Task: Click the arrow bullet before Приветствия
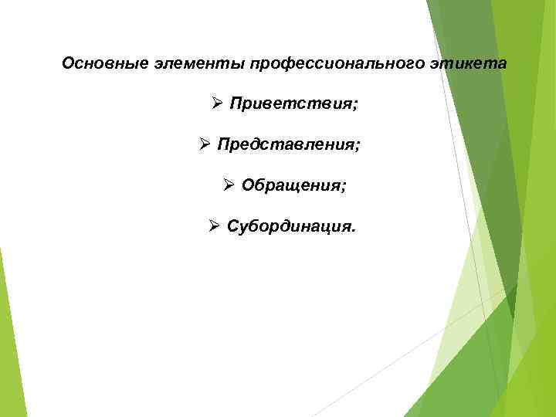point(217,103)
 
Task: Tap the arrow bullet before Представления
point(204,144)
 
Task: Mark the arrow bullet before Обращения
point(229,185)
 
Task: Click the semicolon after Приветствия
point(355,105)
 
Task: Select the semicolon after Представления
point(358,146)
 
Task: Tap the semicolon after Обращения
point(344,186)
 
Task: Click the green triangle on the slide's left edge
point(9,340)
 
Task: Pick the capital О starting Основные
point(68,63)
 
